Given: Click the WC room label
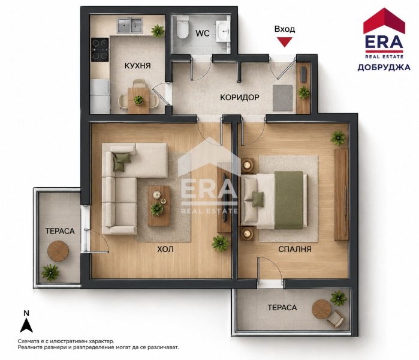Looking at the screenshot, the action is click(202, 34).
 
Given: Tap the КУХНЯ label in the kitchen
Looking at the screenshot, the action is click(138, 66).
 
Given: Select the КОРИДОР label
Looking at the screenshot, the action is click(240, 97).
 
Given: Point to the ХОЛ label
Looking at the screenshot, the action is click(165, 249).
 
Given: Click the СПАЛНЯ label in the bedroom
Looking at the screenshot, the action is click(295, 249).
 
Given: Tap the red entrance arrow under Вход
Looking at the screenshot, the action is click(284, 42).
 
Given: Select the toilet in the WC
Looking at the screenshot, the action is click(183, 27).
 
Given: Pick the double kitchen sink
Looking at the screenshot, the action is click(130, 25).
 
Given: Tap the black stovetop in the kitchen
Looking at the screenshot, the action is click(100, 49).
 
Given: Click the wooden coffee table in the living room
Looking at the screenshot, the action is click(159, 206).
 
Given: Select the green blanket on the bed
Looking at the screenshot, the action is click(288, 200).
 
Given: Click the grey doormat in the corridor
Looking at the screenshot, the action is click(282, 98).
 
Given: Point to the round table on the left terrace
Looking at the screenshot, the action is click(58, 251).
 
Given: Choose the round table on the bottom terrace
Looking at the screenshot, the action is click(321, 308).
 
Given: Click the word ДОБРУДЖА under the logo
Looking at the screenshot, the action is click(384, 67).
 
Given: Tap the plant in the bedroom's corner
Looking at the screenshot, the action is click(338, 138).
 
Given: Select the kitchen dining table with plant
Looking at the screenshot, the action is click(138, 100).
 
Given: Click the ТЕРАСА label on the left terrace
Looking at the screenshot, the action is click(59, 231).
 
